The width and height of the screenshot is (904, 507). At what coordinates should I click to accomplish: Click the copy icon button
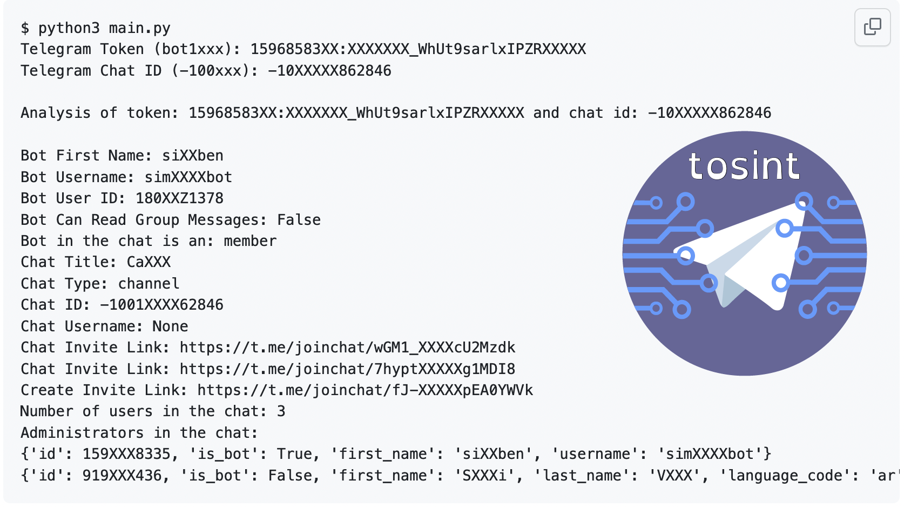[x=872, y=27]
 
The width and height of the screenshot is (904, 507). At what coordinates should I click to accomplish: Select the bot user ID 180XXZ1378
[x=179, y=198]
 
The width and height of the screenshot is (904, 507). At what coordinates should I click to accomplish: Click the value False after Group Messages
[x=299, y=220]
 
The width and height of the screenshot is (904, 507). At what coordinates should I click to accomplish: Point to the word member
[x=250, y=241]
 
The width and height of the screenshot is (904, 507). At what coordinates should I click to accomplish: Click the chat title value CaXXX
[x=149, y=262]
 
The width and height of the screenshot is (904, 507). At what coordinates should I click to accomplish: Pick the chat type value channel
[x=149, y=284]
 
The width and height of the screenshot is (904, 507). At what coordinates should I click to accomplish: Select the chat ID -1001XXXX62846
[x=161, y=305]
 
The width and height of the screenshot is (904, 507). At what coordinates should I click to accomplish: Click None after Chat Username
[x=170, y=326]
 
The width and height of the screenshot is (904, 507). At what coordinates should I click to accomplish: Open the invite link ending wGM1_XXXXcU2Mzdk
[x=347, y=348]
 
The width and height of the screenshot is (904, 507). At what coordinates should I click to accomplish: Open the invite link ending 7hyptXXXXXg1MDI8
[x=347, y=369]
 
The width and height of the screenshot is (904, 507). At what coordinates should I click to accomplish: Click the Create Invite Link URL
[x=365, y=390]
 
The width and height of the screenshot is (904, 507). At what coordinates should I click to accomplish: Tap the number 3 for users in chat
[x=281, y=411]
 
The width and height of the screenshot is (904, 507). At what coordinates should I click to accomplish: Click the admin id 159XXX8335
[x=126, y=454]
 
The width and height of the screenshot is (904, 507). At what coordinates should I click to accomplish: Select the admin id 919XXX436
[x=122, y=476]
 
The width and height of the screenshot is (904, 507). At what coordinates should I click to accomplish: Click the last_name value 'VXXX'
[x=674, y=476]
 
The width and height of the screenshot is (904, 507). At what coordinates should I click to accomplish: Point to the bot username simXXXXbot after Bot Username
[x=188, y=177]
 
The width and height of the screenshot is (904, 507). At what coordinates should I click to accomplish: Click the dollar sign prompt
[x=25, y=28]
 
